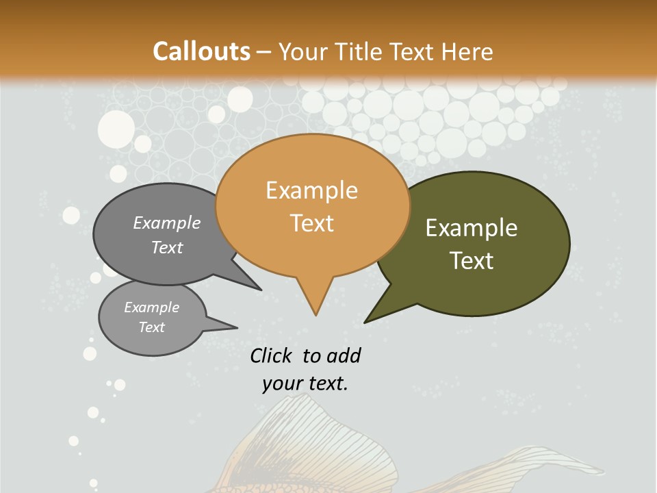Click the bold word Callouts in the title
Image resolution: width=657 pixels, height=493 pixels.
point(201,51)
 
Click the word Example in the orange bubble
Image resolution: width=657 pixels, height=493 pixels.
point(311,190)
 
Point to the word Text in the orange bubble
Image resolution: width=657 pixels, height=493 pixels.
point(311,223)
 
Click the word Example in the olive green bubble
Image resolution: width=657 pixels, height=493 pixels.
point(472,228)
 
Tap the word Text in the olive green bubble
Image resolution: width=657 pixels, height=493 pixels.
point(472,261)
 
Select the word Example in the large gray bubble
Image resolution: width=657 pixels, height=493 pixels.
point(167,223)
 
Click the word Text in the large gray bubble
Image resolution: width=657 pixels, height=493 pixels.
point(167,247)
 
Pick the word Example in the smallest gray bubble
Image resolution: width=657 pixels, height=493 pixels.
point(151,307)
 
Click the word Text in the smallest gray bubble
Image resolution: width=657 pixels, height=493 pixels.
point(151,327)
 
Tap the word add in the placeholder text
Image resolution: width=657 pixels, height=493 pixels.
point(344,355)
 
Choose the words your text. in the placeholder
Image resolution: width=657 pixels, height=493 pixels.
point(305,383)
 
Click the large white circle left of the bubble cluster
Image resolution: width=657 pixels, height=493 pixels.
point(116,128)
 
